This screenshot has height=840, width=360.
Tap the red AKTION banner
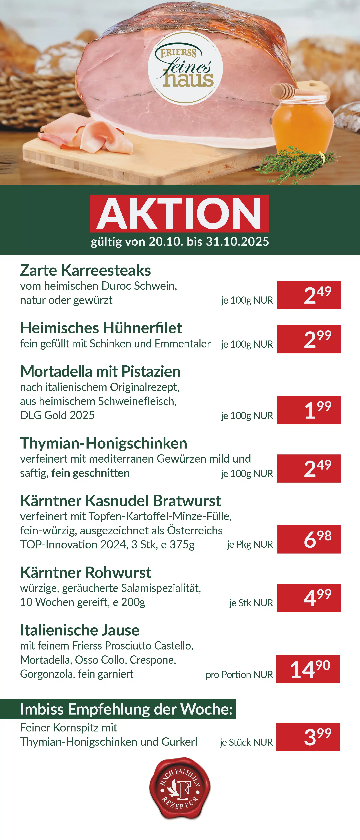click(x=180, y=213)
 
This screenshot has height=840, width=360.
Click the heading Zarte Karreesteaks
click(x=86, y=270)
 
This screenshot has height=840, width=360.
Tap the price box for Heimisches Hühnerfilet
click(x=309, y=339)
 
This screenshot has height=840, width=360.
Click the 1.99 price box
click(x=309, y=410)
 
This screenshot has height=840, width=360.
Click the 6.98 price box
click(x=309, y=539)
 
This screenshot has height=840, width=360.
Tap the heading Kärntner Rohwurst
click(x=86, y=572)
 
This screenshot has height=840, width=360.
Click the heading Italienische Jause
click(x=80, y=630)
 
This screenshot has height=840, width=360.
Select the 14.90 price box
click(x=308, y=669)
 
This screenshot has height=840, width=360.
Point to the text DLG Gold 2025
click(x=57, y=415)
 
